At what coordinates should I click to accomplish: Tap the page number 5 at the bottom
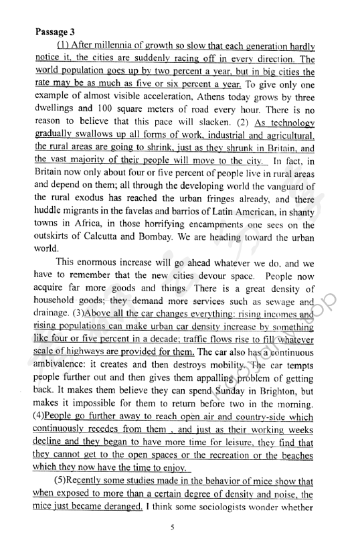173,528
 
